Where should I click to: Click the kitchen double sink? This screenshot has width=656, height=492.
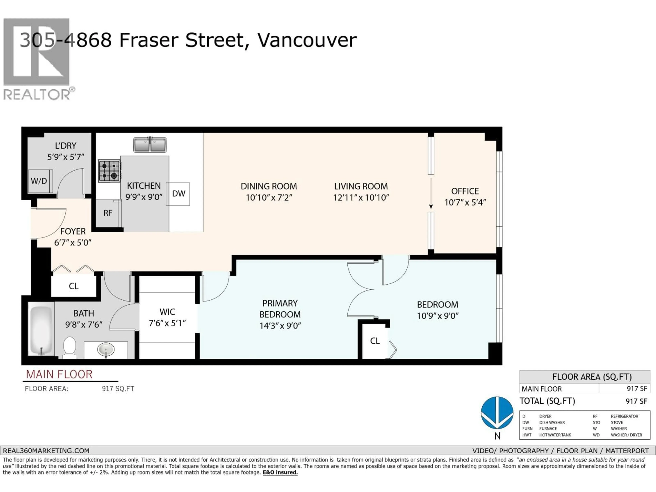(150, 145)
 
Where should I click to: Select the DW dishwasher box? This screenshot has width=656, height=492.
(178, 194)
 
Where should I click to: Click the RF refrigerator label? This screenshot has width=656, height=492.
(108, 213)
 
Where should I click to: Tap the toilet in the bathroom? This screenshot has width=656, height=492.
(70, 347)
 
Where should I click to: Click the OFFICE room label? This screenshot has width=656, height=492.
(465, 191)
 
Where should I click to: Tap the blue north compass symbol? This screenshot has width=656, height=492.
(497, 413)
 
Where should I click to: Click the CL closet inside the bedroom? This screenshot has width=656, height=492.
(375, 341)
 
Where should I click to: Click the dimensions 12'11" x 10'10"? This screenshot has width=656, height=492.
(361, 197)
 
